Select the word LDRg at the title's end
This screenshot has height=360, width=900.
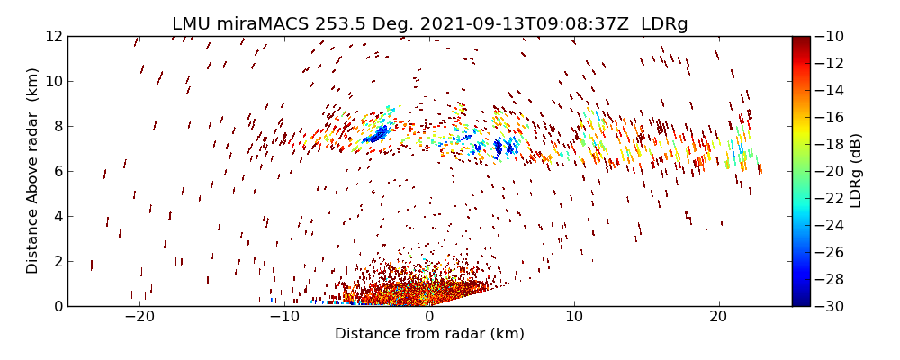(664, 24)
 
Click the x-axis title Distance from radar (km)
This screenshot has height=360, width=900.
(429, 334)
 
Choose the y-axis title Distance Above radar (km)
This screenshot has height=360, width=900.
(33, 170)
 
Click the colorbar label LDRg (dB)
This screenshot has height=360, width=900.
(856, 170)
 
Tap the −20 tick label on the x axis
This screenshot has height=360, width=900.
(139, 318)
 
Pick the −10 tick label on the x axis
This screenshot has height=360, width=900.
(284, 318)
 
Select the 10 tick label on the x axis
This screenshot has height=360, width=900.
(574, 318)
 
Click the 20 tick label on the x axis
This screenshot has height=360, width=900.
(718, 318)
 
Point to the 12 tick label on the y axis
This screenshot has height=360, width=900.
(53, 36)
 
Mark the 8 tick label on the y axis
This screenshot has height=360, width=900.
(57, 126)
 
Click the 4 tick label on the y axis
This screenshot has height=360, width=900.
(57, 216)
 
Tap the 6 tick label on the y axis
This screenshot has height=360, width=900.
(57, 171)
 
